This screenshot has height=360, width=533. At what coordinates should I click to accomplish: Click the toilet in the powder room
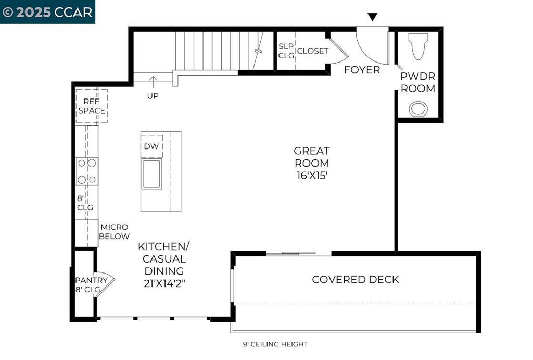418,46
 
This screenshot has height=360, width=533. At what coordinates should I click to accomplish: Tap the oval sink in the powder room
418,109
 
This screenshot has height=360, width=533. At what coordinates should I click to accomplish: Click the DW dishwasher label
151,146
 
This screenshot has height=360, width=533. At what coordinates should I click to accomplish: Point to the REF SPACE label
92,106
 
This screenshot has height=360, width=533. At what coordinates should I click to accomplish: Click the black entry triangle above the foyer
373,17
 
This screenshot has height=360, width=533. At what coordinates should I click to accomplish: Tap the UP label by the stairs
153,96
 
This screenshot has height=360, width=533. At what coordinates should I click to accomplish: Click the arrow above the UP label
154,82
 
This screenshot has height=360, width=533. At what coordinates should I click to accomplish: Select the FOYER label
362,70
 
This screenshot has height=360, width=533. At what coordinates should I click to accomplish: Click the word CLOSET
313,51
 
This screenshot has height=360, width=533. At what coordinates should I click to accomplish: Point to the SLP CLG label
286,51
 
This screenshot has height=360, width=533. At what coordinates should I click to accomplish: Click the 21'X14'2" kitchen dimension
164,283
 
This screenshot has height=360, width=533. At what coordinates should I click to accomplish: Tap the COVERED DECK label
355,279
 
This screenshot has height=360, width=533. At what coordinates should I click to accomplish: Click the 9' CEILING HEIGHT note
275,344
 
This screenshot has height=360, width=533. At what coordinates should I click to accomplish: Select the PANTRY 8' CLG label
91,285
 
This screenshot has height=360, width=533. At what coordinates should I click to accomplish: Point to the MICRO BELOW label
114,232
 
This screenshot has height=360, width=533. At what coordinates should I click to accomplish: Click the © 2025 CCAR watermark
47,13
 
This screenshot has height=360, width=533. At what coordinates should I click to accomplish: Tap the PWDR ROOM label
418,82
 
